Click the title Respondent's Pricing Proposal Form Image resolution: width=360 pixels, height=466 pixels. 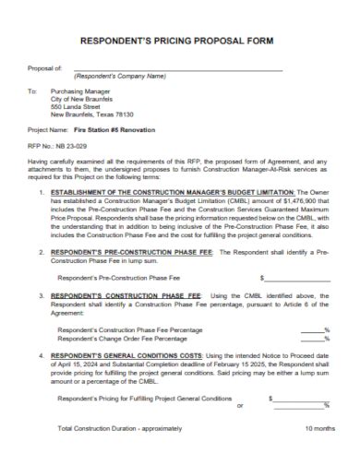[x=180, y=41]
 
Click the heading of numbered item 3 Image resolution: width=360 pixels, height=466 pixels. [x=125, y=295]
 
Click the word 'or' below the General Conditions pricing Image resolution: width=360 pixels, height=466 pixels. [x=240, y=406]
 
